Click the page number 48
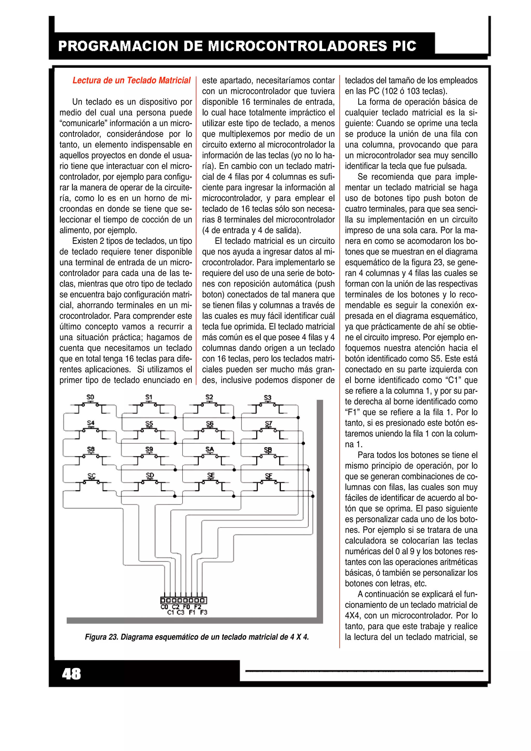(x=71, y=674)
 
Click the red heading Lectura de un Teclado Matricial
(x=131, y=80)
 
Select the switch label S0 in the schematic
(x=90, y=397)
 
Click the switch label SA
(x=209, y=449)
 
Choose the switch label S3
(x=267, y=398)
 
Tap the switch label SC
(x=91, y=476)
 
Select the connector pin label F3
(x=204, y=612)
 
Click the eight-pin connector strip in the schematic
(x=183, y=600)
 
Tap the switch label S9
(x=149, y=449)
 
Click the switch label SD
(x=150, y=475)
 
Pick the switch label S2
(x=209, y=397)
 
